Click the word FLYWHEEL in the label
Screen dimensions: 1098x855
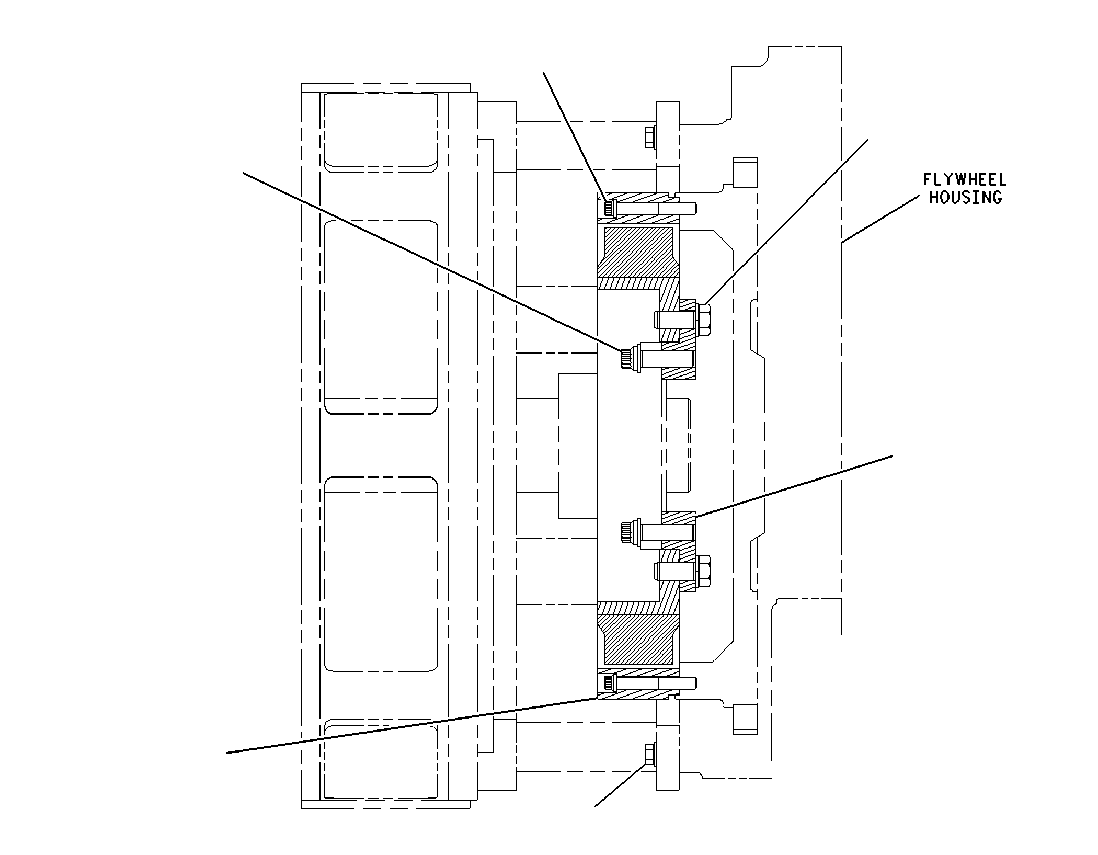click(x=964, y=180)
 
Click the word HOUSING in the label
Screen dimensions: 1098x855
click(x=965, y=197)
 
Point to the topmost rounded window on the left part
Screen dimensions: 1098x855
click(x=381, y=132)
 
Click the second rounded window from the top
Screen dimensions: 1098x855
click(x=381, y=317)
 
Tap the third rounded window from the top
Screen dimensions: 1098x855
click(x=381, y=574)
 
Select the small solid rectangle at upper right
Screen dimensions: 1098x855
click(x=746, y=172)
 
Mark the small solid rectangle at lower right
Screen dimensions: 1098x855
click(x=746, y=720)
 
